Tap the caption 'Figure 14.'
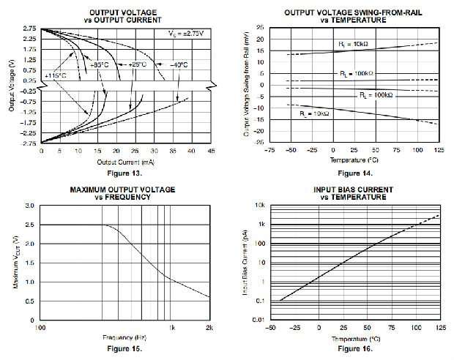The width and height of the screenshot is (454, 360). coord(357,173)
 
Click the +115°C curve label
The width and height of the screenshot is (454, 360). coord(56,75)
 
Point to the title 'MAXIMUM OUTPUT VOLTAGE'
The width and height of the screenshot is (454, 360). coord(122,190)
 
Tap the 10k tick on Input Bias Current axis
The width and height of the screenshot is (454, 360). coord(260,206)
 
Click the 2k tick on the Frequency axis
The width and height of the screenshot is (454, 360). coord(209,328)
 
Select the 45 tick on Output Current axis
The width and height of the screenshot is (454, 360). coord(210,151)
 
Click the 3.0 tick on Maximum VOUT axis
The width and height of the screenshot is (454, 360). coord(30,206)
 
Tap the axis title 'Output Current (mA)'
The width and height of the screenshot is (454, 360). coord(126,161)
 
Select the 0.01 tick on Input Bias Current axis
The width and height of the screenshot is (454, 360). coord(258,320)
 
